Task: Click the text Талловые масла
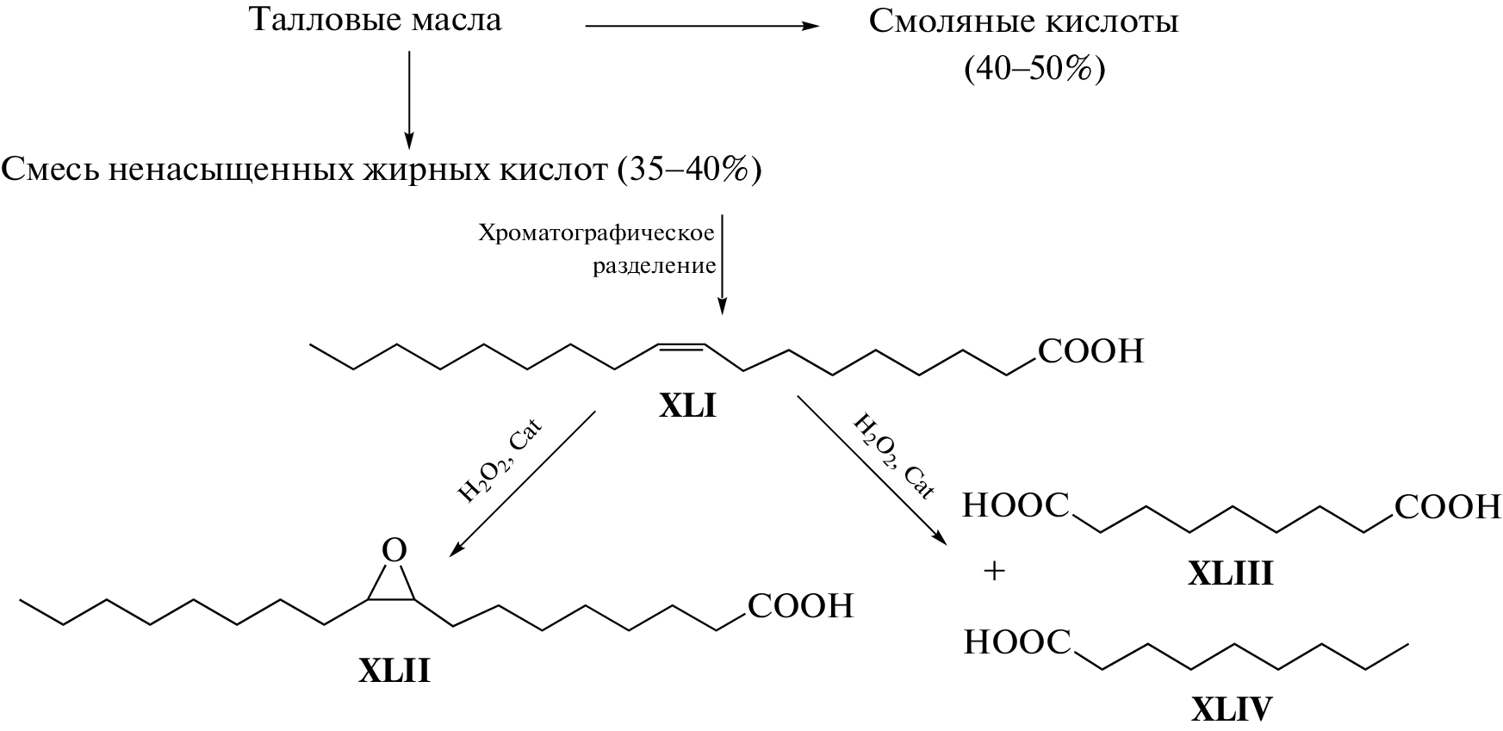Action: pyautogui.click(x=375, y=19)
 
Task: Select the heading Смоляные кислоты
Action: pyautogui.click(x=1023, y=21)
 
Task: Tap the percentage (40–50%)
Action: pyautogui.click(x=1034, y=68)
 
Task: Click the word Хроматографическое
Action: pyautogui.click(x=597, y=233)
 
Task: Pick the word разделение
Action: pyautogui.click(x=654, y=266)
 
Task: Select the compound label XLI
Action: pyautogui.click(x=687, y=406)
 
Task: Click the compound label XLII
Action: pyautogui.click(x=394, y=671)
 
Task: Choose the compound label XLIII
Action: pyautogui.click(x=1230, y=573)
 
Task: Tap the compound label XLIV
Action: pyautogui.click(x=1232, y=709)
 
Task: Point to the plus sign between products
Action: pyautogui.click(x=994, y=571)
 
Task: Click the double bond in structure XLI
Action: pyautogui.click(x=680, y=346)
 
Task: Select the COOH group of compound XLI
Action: pyautogui.click(x=1090, y=351)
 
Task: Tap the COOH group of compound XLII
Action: pyautogui.click(x=800, y=606)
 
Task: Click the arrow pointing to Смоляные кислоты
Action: pyautogui.click(x=701, y=26)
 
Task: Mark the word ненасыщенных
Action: pyautogui.click(x=227, y=170)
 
